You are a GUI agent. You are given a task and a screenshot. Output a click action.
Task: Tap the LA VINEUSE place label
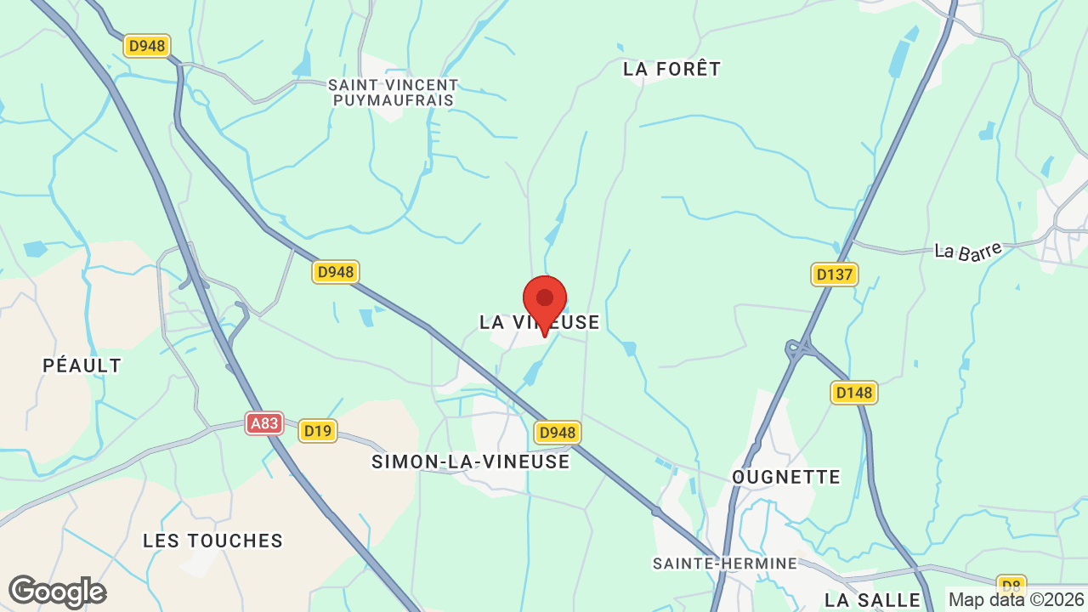(539, 322)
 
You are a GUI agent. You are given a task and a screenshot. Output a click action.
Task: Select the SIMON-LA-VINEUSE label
(470, 462)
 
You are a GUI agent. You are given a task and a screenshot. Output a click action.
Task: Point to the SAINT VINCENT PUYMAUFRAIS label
(393, 93)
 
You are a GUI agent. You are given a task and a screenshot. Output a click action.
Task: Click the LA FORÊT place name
(671, 69)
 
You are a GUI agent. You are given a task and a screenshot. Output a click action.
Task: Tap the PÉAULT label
(82, 365)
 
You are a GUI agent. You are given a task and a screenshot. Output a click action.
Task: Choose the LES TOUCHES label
(212, 541)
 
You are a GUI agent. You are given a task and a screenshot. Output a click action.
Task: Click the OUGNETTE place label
(785, 477)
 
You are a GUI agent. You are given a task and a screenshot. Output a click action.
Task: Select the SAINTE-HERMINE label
(724, 564)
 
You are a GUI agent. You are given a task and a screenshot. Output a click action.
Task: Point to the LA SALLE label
(872, 600)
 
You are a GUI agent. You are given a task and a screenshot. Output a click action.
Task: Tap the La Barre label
(967, 251)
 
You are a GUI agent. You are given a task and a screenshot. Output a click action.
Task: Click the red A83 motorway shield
(264, 422)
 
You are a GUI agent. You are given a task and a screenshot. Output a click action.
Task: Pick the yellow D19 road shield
(318, 431)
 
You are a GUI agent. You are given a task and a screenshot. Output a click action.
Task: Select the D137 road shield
(834, 274)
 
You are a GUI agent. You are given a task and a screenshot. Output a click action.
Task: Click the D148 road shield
(853, 392)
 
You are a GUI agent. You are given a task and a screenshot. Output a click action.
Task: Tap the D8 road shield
(1010, 585)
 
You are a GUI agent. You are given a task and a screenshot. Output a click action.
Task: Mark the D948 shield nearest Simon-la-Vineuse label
(557, 433)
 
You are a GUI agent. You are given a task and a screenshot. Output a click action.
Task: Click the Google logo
(57, 592)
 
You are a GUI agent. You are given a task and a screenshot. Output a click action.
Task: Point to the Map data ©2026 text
(1015, 600)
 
